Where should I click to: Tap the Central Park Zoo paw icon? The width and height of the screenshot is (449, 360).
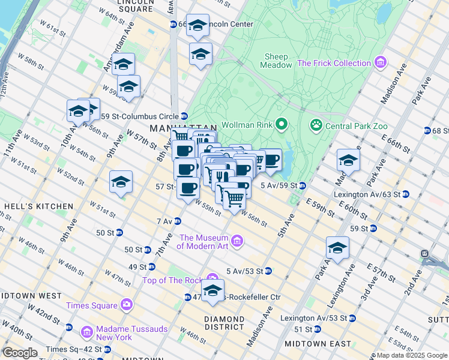(x=316, y=125)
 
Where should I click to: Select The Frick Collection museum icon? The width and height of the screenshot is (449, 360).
(x=379, y=63)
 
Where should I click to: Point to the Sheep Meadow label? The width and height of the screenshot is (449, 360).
(x=276, y=61)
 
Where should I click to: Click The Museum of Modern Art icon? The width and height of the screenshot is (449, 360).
(x=238, y=241)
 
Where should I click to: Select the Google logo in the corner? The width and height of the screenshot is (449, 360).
(x=19, y=352)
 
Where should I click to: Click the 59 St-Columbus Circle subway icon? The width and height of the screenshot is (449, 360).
(x=184, y=116)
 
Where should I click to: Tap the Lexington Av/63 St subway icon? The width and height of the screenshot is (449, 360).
(x=406, y=194)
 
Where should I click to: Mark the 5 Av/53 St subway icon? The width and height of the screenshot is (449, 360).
(x=268, y=271)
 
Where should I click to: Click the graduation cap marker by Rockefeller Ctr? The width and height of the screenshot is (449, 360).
(x=212, y=291)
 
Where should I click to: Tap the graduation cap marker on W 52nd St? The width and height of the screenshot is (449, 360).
(x=121, y=182)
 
